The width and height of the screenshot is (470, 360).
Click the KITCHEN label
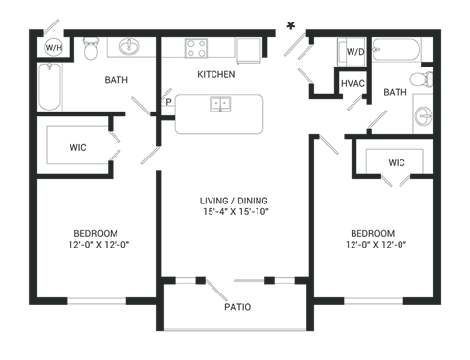pyautogui.click(x=216, y=74)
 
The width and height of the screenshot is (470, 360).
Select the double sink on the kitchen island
pyautogui.click(x=220, y=102)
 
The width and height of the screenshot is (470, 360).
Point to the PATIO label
pyautogui.click(x=236, y=307)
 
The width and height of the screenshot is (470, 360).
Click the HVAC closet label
pyautogui.click(x=352, y=84)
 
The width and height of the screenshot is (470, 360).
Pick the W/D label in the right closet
pyautogui.click(x=355, y=50)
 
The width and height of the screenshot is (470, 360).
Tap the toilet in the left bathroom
pyautogui.click(x=91, y=46)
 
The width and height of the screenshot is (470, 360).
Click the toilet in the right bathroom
pyautogui.click(x=421, y=79)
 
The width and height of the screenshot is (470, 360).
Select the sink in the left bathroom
pyautogui.click(x=128, y=46)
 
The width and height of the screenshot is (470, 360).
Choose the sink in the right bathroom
pyautogui.click(x=423, y=114)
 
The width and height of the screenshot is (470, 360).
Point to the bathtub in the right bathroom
pyautogui.click(x=398, y=49)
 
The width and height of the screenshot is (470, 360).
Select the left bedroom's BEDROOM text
pyautogui.click(x=96, y=233)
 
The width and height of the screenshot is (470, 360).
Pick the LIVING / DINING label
pyautogui.click(x=235, y=200)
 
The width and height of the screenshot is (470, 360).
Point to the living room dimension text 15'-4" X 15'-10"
pyautogui.click(x=235, y=210)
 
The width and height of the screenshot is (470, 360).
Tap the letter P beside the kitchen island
pyautogui.click(x=168, y=100)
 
